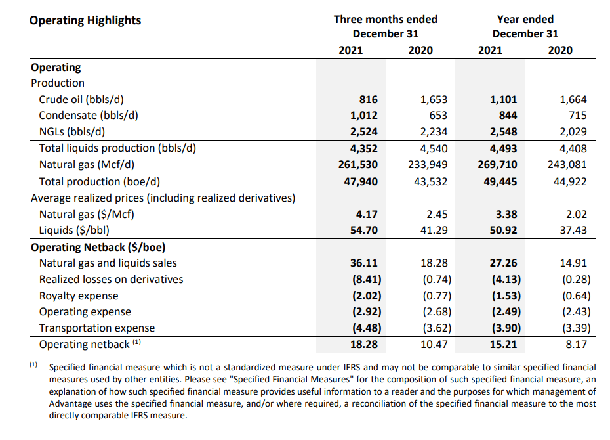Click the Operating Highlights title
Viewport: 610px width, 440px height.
pos(85,20)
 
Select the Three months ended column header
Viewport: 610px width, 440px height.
pos(385,19)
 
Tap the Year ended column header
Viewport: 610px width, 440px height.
pos(525,19)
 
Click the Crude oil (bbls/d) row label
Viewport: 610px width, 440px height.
pos(81,100)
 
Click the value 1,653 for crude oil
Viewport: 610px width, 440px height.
pos(434,100)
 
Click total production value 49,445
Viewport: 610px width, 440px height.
pos(500,181)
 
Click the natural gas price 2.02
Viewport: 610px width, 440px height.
pos(575,214)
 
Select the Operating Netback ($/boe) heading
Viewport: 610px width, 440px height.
pos(98,247)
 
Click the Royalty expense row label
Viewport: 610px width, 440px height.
pos(79,296)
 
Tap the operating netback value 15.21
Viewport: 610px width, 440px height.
pos(503,344)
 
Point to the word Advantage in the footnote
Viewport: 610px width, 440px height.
pos(70,404)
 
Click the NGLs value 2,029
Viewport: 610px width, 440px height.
pos(573,132)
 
